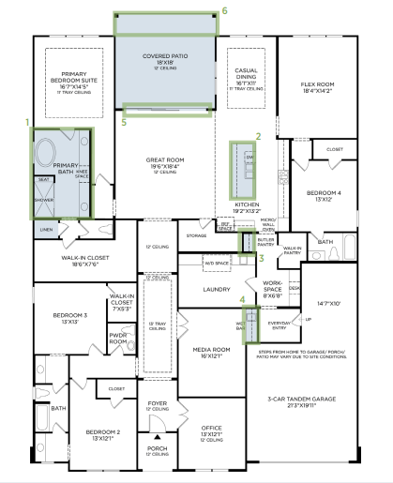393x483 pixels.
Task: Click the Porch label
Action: click(x=156, y=448)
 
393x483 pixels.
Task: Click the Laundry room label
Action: click(x=218, y=289)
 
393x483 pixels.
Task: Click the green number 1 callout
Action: click(x=27, y=122)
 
